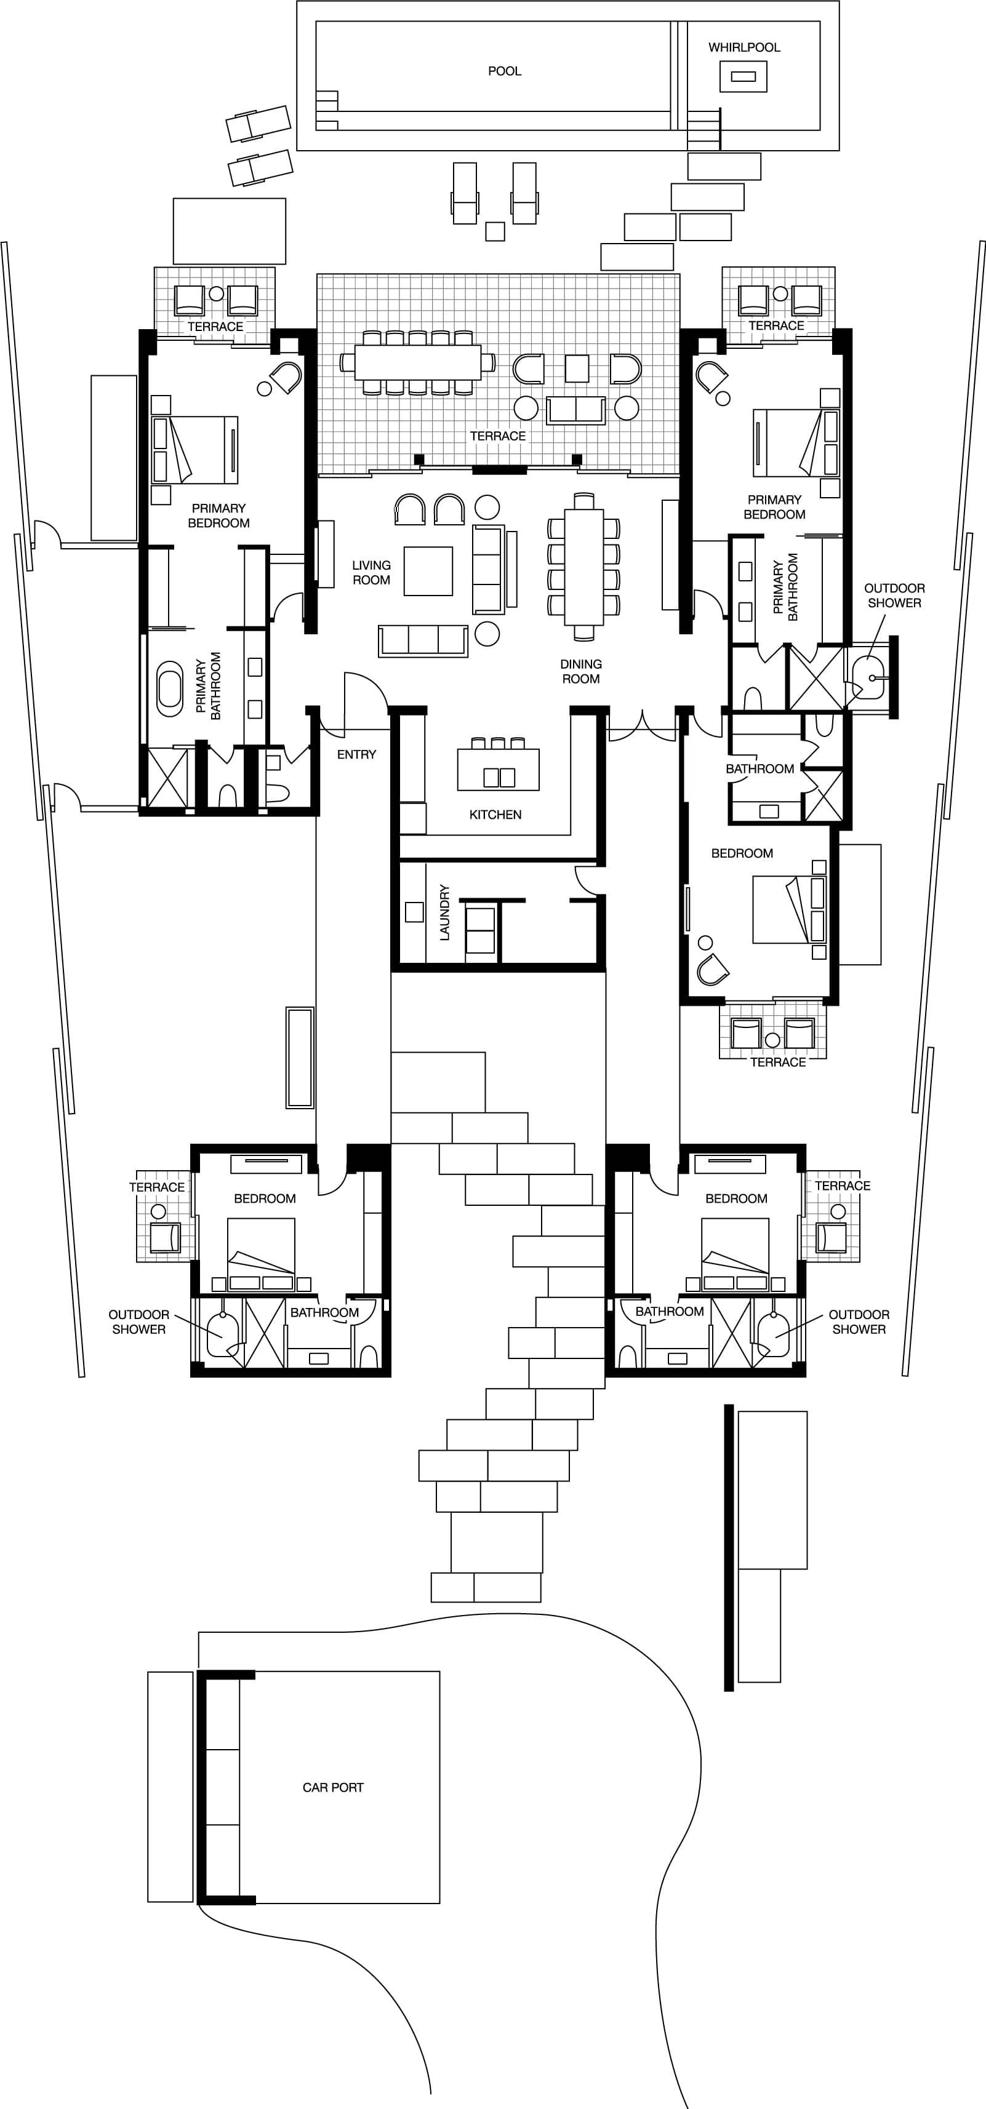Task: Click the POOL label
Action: point(505,71)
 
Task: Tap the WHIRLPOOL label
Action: point(744,47)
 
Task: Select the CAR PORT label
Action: point(332,1787)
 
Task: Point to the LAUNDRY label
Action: point(444,912)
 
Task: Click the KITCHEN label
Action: point(495,815)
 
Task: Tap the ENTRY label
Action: point(356,754)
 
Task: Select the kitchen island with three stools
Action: point(498,770)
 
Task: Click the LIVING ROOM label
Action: point(371,572)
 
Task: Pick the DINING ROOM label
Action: point(580,671)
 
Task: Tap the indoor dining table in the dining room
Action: point(583,567)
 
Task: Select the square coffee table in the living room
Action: point(428,571)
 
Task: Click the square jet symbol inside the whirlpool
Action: point(743,77)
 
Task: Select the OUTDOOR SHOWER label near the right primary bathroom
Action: point(894,595)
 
